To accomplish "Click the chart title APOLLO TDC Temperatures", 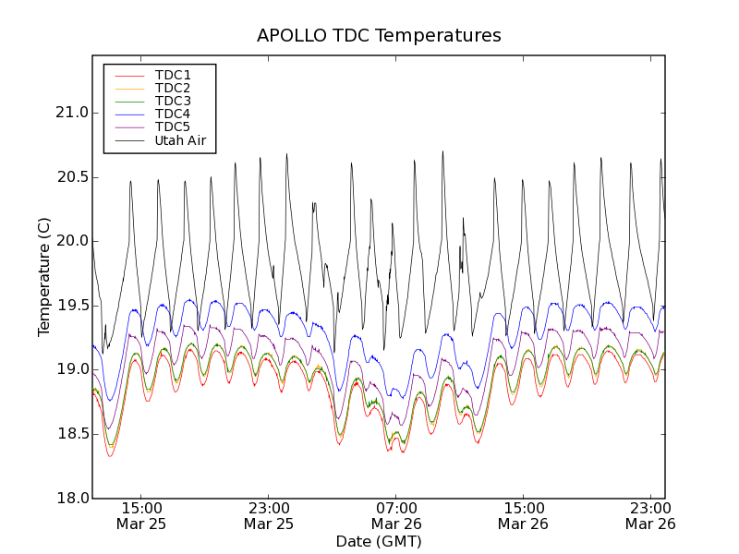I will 379,36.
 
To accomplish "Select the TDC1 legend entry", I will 173,75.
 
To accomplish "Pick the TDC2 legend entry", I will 173,88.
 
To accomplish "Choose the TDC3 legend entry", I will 173,101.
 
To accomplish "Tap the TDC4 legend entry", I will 173,114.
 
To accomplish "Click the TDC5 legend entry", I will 173,126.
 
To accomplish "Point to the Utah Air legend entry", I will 180,140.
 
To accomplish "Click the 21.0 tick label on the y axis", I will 71,113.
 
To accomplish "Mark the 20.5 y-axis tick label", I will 71,177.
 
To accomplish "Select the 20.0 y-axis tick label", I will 71,241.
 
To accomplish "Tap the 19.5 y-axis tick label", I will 71,306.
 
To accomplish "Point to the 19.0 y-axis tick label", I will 71,369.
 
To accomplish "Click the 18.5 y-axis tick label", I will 71,434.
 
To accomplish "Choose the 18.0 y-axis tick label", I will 71,498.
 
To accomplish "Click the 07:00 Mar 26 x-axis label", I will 395,515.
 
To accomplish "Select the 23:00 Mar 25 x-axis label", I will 269,515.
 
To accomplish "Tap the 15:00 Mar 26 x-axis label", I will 523,515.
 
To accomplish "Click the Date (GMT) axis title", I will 379,542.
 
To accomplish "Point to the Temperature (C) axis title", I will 44,277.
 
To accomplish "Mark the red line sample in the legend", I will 128,75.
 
